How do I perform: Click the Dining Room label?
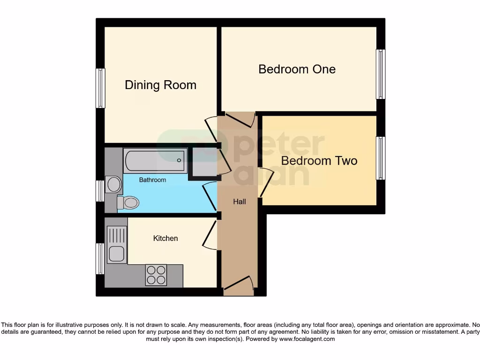click(160, 85)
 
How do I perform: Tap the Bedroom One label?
click(297, 69)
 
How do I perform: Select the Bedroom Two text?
click(319, 161)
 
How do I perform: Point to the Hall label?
click(240, 202)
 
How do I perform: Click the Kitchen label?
click(165, 238)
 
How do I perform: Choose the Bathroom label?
click(152, 180)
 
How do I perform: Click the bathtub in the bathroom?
click(155, 160)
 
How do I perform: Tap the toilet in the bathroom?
click(128, 202)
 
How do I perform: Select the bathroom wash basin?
click(113, 184)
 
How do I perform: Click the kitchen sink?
click(116, 245)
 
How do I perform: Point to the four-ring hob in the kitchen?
click(156, 275)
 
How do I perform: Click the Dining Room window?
click(100, 88)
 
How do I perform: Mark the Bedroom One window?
click(381, 74)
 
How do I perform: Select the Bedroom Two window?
click(381, 158)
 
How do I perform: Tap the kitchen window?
click(100, 258)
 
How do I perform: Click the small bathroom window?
click(100, 191)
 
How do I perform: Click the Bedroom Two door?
click(264, 182)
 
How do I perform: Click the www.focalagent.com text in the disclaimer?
click(307, 339)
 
